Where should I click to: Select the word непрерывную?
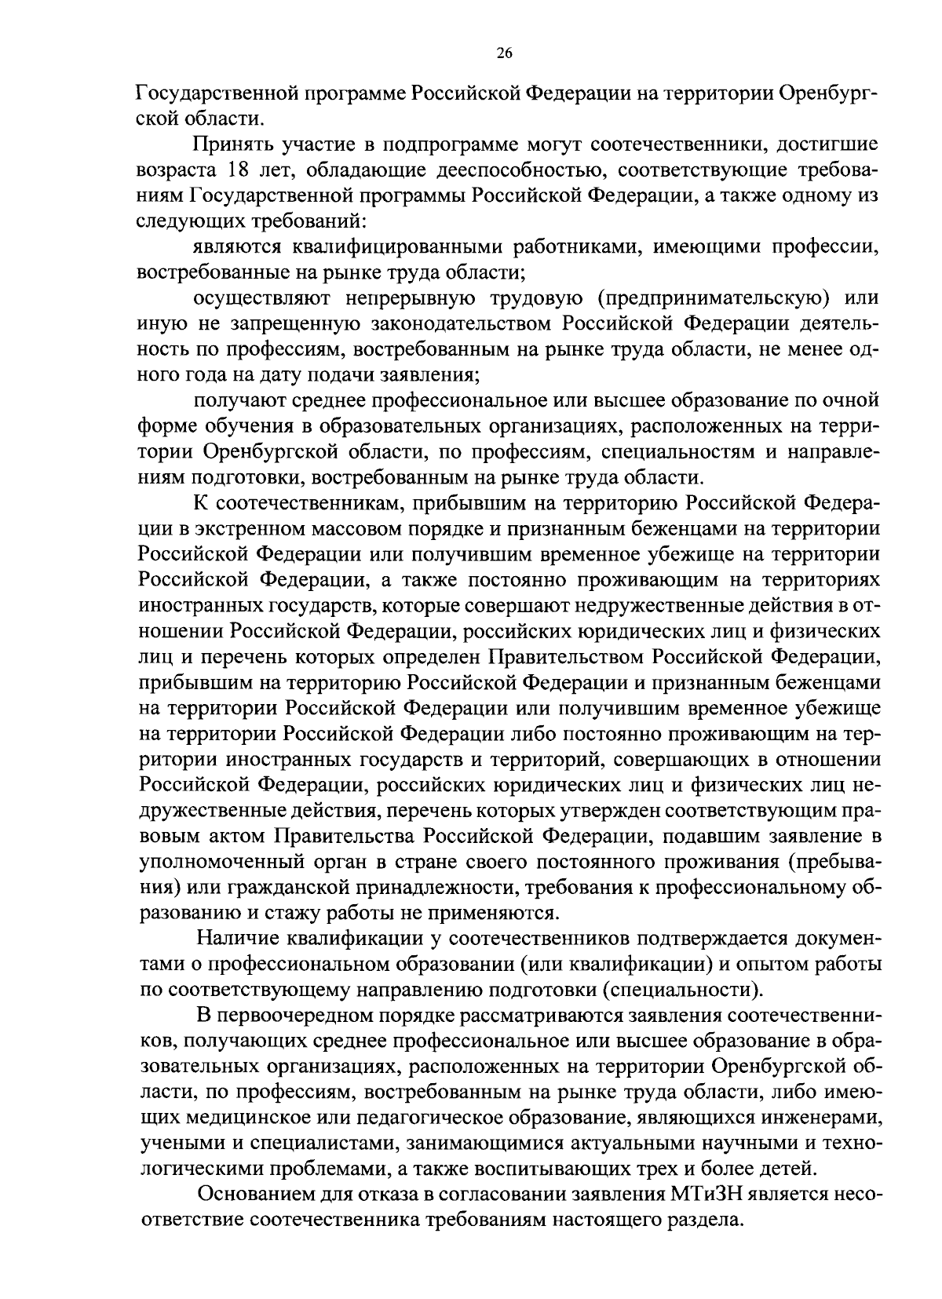pos(393,298)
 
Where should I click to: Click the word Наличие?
pos(235,939)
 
